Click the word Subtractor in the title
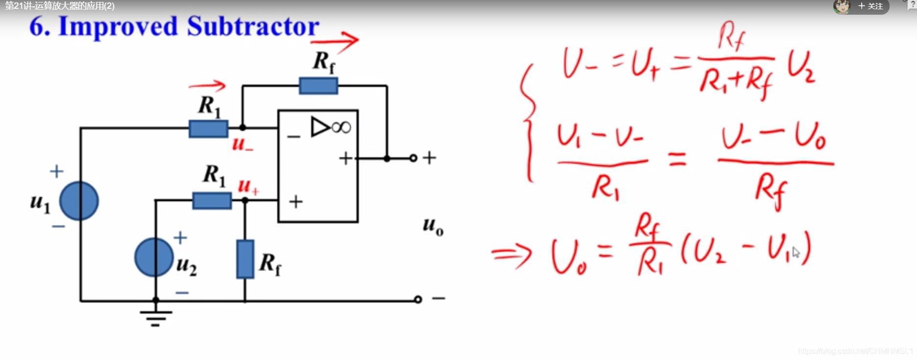point(253,26)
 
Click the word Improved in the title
point(118,27)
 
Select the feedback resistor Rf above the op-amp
point(318,86)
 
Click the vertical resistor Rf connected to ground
point(245,259)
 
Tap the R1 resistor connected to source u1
point(208,129)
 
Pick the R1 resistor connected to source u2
point(212,201)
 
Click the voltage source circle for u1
point(79,201)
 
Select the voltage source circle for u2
point(154,257)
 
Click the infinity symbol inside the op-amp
point(341,128)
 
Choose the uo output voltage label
point(433,226)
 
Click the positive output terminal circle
point(413,158)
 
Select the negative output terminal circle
point(418,299)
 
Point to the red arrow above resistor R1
point(207,86)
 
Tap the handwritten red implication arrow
point(512,254)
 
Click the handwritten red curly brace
point(528,122)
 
